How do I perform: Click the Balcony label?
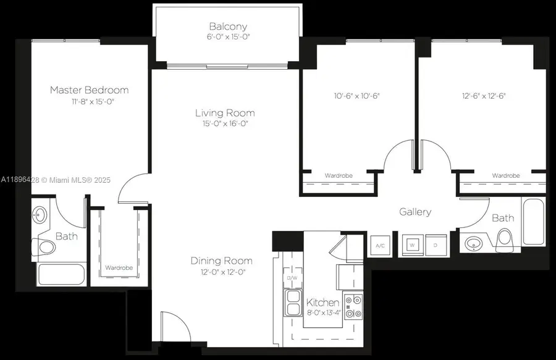[x=228, y=27]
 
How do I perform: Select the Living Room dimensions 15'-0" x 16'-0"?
[x=225, y=123]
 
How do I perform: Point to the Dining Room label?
[x=221, y=261]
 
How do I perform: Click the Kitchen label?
[x=323, y=303]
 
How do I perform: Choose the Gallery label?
[x=415, y=212]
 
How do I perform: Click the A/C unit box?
[x=380, y=246]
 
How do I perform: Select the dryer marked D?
[x=435, y=246]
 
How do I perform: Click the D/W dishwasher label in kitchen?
[x=292, y=278]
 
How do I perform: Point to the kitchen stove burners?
[x=353, y=307]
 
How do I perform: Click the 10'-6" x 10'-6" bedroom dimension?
[x=356, y=96]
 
